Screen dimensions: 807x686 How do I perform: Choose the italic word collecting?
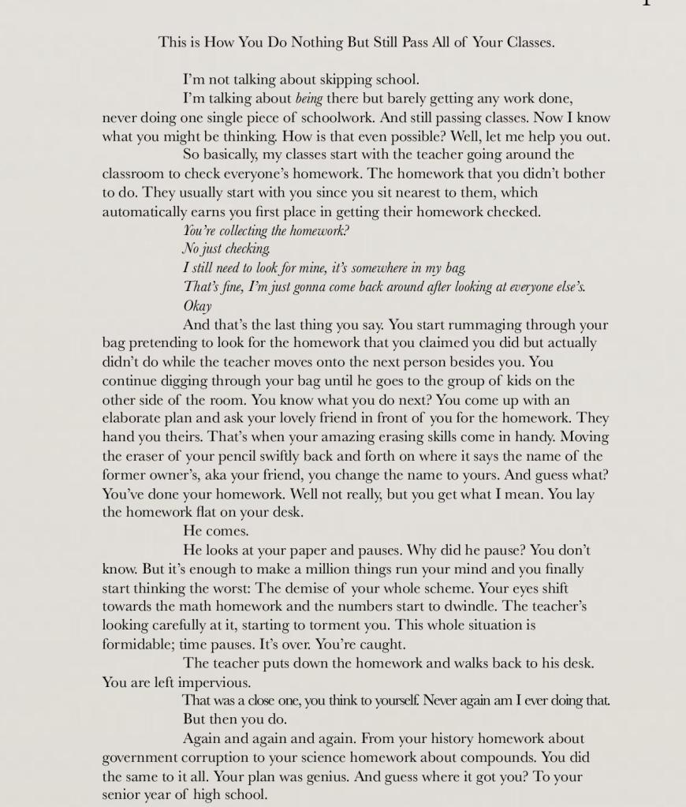click(241, 231)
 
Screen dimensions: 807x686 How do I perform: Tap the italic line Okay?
click(197, 306)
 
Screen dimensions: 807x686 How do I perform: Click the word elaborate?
click(140, 418)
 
